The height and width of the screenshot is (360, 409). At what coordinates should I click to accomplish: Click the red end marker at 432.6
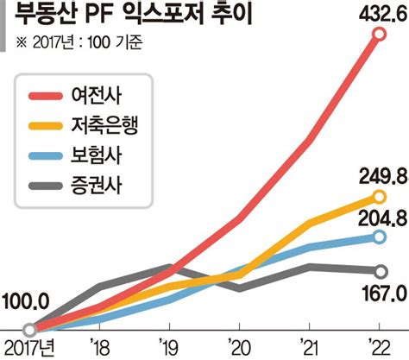380,35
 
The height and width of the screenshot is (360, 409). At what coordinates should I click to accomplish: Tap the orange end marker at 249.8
380,197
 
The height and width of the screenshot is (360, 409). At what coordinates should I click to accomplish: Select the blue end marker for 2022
380,237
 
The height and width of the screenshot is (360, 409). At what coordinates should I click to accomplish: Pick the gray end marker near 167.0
381,271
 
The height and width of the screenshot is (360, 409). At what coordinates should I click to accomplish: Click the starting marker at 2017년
29,330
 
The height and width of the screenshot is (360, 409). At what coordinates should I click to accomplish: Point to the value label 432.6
383,14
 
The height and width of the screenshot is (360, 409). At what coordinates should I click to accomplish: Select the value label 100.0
25,302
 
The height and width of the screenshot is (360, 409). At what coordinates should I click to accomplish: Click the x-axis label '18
99,348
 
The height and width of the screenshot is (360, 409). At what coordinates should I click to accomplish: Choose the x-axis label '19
169,348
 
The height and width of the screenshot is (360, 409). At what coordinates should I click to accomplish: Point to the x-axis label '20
239,348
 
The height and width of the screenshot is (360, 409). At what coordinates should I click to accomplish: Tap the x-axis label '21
309,348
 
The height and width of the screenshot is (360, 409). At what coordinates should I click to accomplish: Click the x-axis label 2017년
29,348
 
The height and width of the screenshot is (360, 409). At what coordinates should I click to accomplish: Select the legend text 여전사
97,95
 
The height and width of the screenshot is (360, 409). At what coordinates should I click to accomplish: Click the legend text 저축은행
104,125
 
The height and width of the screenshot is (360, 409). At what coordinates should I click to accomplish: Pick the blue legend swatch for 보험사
46,156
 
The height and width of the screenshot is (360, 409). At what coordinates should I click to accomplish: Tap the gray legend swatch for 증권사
46,186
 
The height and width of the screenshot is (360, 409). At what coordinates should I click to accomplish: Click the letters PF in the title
98,16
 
